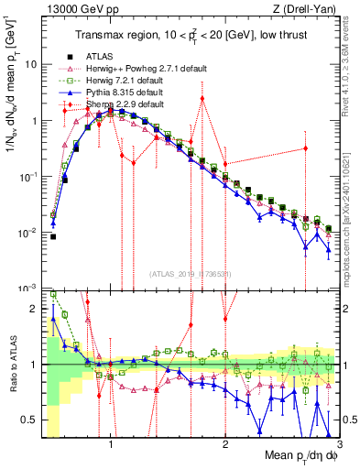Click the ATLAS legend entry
pos(99,57)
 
